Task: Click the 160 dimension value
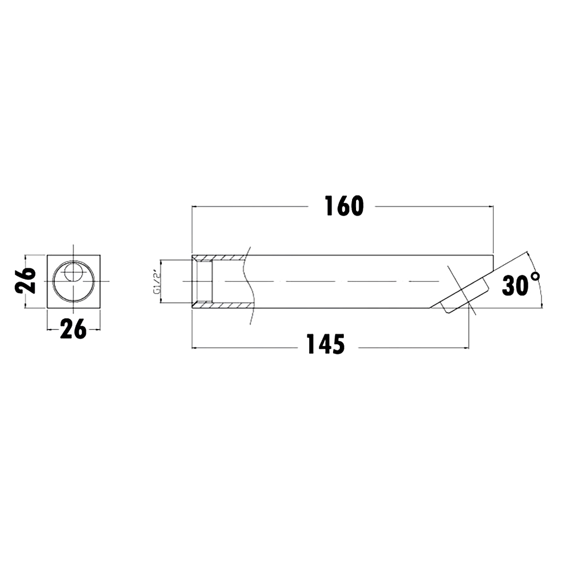point(343,206)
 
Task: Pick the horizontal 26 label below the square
point(73,329)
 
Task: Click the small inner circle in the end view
point(74,272)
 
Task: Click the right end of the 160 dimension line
point(493,206)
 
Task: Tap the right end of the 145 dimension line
point(467,348)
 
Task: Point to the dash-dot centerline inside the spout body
point(332,281)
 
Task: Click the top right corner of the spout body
point(493,254)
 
